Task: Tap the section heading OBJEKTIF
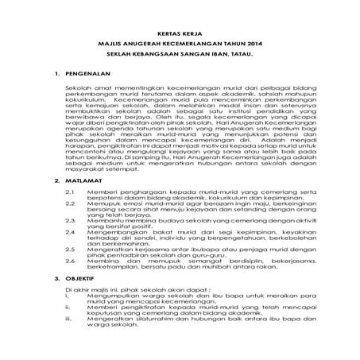point(79,300)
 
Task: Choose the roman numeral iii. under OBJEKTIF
point(69,343)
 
